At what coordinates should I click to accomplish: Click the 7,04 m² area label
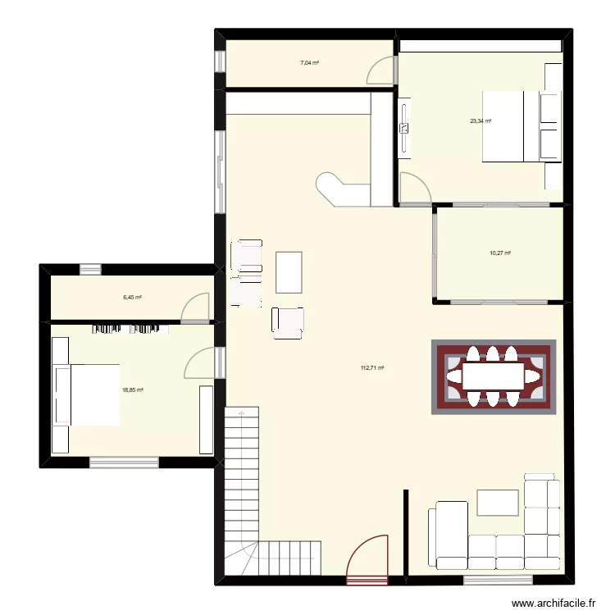(x=309, y=62)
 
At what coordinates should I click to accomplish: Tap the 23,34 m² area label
(x=481, y=121)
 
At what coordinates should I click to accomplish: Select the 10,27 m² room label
(x=500, y=253)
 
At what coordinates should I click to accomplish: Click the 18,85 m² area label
(x=133, y=391)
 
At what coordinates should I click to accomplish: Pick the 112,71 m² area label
(x=372, y=368)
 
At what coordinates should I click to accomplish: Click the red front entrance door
(x=367, y=559)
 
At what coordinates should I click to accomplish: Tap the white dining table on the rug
(x=494, y=376)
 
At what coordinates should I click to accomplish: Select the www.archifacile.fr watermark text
(x=553, y=604)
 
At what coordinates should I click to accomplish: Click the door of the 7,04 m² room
(x=380, y=71)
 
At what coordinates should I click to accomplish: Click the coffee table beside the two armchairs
(x=289, y=272)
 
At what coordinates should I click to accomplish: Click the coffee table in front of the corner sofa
(x=497, y=502)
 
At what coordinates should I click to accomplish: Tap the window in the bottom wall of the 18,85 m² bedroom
(x=124, y=462)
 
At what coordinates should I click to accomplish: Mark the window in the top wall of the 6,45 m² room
(x=90, y=268)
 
